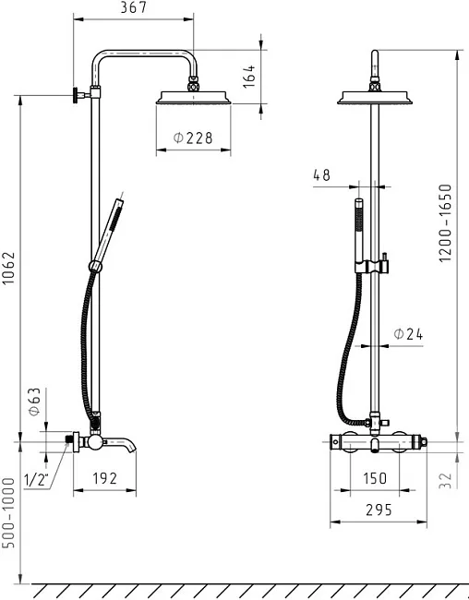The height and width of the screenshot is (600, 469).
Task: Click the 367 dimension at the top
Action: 134,7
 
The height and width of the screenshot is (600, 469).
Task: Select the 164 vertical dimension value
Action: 249,76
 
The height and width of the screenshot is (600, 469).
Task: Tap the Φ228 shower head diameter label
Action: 193,138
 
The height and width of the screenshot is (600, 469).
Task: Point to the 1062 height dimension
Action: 8,268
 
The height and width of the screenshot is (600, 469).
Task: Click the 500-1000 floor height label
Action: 8,512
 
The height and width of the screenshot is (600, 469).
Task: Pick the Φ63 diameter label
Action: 34,402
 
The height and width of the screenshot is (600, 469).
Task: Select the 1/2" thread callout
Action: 37,479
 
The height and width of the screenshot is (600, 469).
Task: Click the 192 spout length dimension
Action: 104,478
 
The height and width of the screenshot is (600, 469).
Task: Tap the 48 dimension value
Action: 321,175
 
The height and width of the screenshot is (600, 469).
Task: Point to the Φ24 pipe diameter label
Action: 408,334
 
